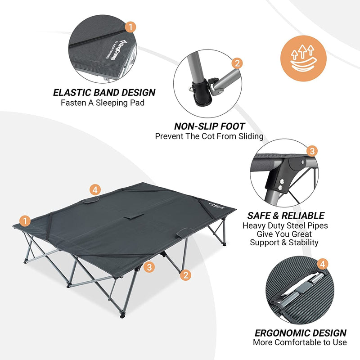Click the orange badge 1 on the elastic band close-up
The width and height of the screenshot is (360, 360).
[x=130, y=27]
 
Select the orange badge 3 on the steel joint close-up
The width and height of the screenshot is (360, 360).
[x=311, y=151]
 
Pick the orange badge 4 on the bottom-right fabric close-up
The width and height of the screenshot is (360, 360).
[x=323, y=264]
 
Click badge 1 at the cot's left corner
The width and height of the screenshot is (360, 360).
[x=26, y=221]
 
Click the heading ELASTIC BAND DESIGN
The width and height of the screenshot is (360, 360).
[x=104, y=93]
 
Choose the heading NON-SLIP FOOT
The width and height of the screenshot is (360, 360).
[x=209, y=126]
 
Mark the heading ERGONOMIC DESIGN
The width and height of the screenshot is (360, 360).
[x=300, y=333]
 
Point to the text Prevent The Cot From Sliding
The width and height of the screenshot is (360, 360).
[x=209, y=136]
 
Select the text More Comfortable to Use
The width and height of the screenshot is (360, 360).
[x=300, y=342]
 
